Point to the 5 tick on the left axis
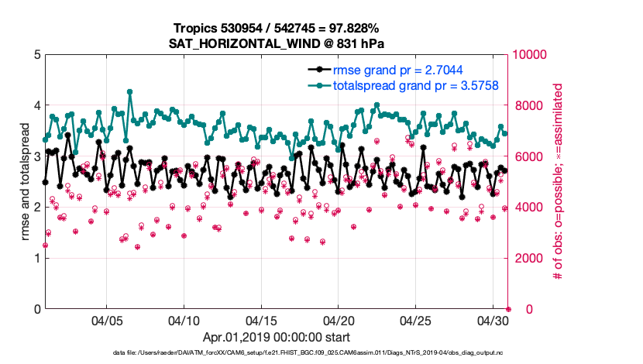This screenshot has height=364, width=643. click(x=37, y=55)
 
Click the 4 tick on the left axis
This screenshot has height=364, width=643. click(x=37, y=105)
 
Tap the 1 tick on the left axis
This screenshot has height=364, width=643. click(x=37, y=258)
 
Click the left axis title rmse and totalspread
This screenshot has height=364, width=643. click(x=26, y=181)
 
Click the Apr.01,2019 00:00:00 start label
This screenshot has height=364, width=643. click(x=277, y=337)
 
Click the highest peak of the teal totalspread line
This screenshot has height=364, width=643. click(x=129, y=91)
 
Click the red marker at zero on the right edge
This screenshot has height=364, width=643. click(x=508, y=309)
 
